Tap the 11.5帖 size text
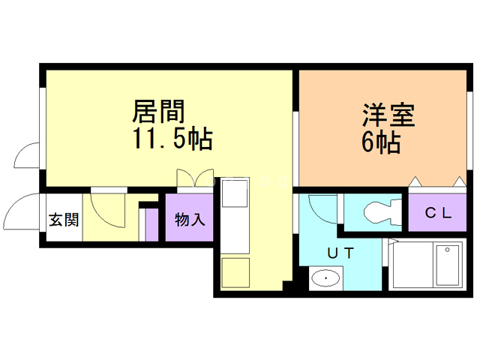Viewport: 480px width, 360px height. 172,139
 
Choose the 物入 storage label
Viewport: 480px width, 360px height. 190,220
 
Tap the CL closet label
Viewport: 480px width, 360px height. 439,212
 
